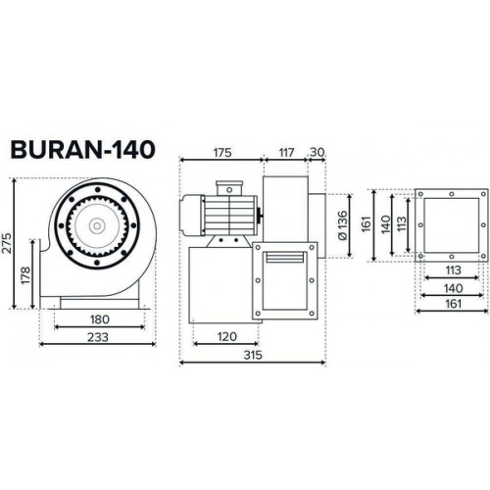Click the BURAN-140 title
[x=82, y=150]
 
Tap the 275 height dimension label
[x=7, y=243]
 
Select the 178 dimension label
[x=25, y=275]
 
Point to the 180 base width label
[x=100, y=319]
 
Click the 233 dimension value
[x=98, y=337]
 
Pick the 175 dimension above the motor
[x=222, y=153]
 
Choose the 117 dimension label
[x=286, y=153]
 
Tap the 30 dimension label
[x=317, y=152]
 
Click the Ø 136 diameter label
[x=342, y=225]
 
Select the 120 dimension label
[x=226, y=336]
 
